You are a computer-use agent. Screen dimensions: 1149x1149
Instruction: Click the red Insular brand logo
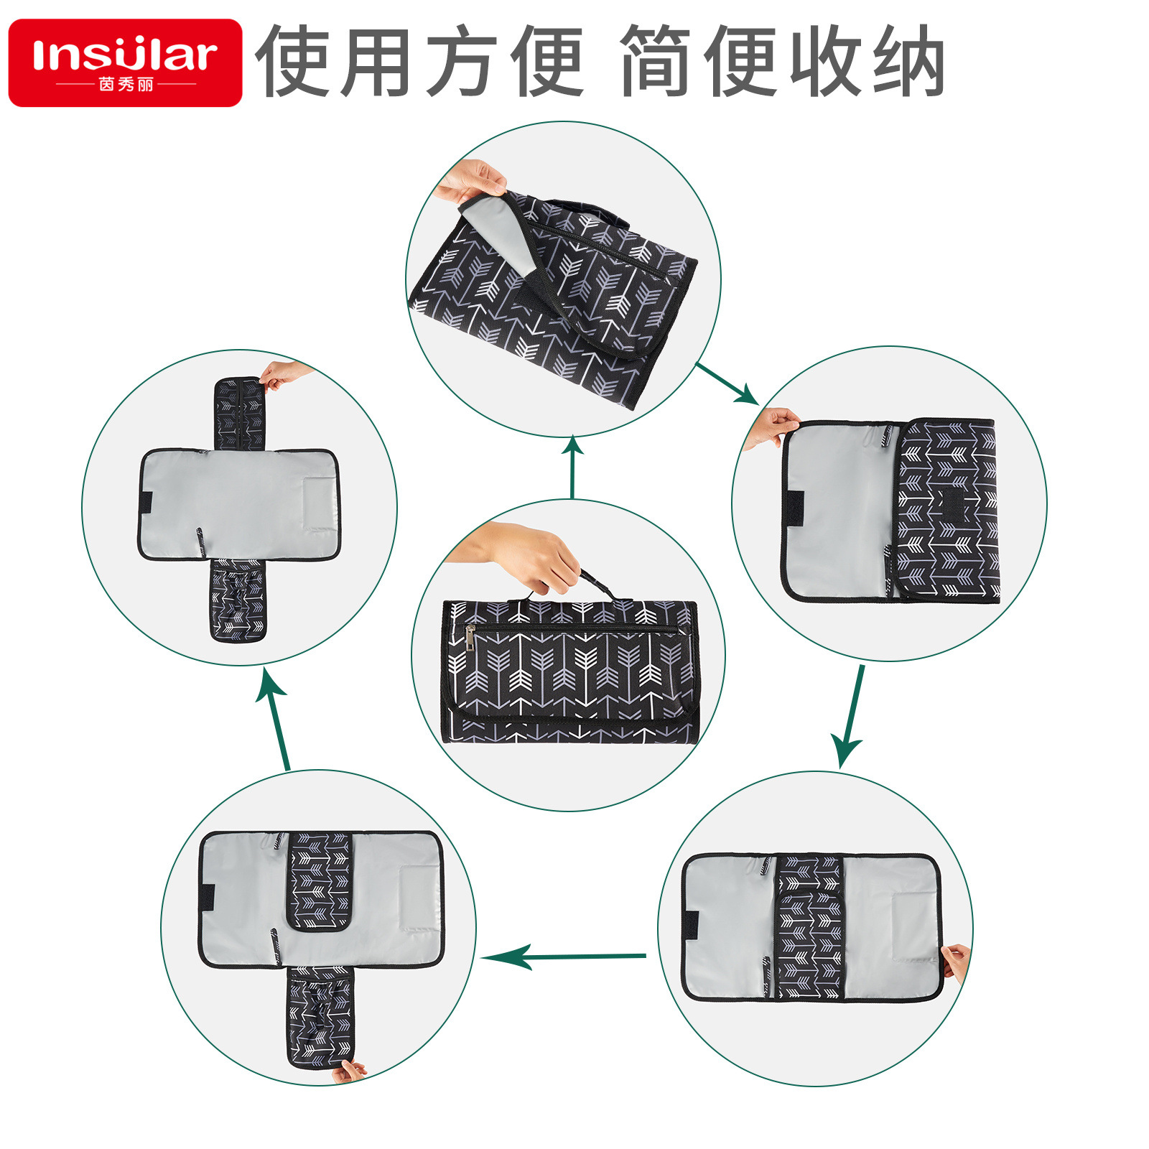coord(125,62)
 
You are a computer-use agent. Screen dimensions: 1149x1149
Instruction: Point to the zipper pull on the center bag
coord(470,636)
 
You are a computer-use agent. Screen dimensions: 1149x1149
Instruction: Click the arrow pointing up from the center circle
coord(572,467)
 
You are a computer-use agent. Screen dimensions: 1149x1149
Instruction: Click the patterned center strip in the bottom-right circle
coord(810,926)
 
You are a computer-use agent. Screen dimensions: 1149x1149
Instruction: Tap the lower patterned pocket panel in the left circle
coord(238,600)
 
